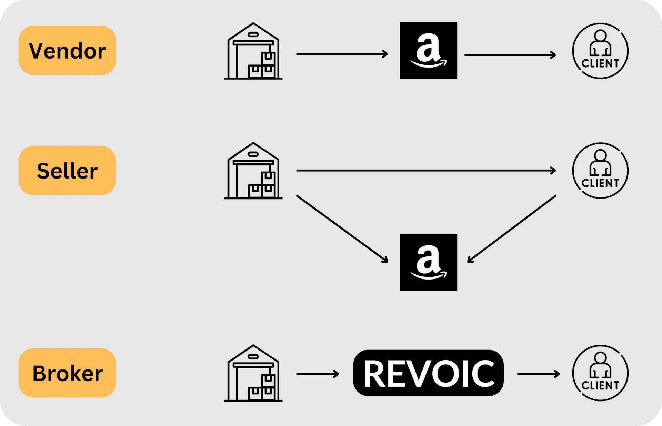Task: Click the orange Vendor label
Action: (67, 50)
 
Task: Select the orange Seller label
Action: (67, 171)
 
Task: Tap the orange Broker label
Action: (67, 373)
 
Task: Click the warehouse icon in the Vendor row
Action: (253, 51)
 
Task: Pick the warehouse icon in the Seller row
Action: (253, 171)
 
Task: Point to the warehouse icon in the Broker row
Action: (253, 373)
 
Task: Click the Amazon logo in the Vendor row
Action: (428, 51)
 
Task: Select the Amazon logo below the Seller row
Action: (428, 262)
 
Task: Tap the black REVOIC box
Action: (428, 373)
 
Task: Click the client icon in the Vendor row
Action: (600, 51)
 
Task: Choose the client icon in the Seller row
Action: (600, 171)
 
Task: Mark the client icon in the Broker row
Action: (600, 373)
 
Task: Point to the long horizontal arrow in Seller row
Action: (426, 170)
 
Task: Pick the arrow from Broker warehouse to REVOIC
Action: (318, 374)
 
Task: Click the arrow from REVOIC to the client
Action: (538, 374)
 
